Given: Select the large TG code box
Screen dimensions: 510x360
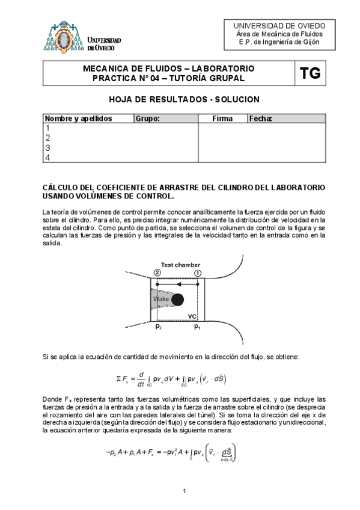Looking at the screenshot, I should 310,74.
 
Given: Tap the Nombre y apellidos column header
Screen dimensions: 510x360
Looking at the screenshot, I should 79,119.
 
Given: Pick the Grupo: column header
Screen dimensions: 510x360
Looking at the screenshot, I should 148,119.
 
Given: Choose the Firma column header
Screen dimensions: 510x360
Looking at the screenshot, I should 222,119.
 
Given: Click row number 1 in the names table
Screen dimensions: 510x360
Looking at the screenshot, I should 47,128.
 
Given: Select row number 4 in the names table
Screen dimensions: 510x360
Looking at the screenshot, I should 47,158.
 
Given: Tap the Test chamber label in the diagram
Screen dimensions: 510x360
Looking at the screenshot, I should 180,265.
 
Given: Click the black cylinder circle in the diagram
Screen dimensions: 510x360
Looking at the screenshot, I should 177,299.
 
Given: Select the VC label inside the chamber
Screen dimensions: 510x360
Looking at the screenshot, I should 193,316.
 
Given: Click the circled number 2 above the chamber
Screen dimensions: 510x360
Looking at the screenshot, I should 157,272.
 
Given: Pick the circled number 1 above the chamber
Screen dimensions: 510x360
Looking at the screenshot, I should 198,272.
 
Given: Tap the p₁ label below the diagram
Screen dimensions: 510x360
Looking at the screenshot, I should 197,327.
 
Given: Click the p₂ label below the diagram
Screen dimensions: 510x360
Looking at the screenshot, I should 158,327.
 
